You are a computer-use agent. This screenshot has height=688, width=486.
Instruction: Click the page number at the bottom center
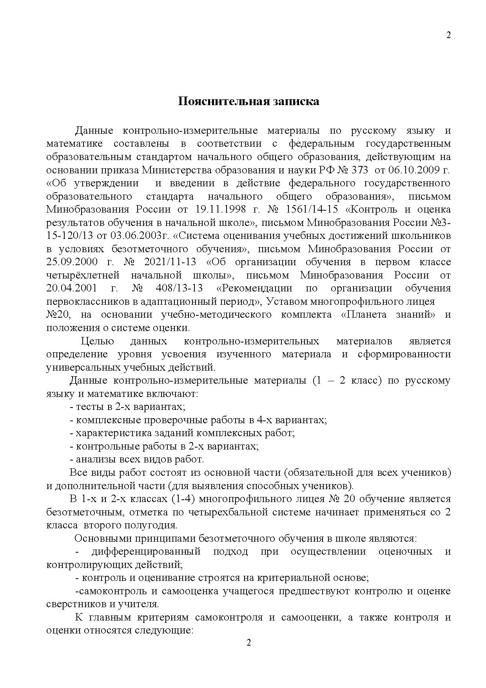click(x=248, y=643)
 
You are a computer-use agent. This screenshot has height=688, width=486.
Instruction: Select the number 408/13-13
click(x=179, y=288)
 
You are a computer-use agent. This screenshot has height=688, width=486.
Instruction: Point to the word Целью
click(x=97, y=341)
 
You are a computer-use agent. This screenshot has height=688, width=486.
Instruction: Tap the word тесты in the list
click(x=89, y=407)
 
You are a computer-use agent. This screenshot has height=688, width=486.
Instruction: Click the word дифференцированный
click(x=146, y=551)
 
